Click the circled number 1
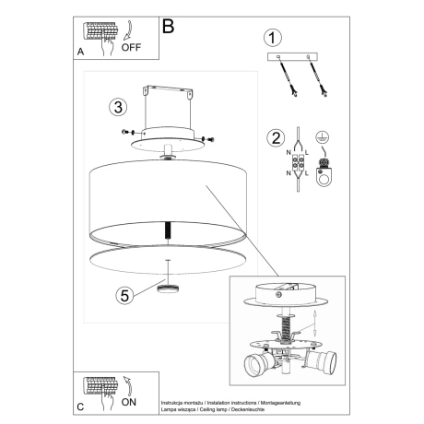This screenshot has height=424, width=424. click(x=271, y=39)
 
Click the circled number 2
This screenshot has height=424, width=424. click(x=273, y=140)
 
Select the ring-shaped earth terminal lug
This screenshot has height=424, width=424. click(x=323, y=171)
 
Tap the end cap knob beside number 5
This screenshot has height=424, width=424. click(x=167, y=289)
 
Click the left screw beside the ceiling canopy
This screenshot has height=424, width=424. click(x=126, y=133)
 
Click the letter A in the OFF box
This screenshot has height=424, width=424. click(x=81, y=53)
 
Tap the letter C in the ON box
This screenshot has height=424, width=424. click(x=81, y=406)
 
